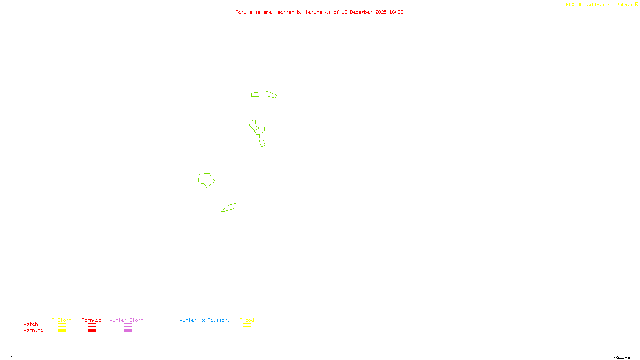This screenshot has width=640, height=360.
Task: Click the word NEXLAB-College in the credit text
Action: (x=585, y=5)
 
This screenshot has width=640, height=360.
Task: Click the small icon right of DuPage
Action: (x=636, y=4)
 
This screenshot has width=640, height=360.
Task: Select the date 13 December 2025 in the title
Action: (x=364, y=12)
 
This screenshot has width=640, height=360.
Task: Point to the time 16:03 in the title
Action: (x=396, y=12)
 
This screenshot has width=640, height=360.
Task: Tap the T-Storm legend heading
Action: (x=62, y=320)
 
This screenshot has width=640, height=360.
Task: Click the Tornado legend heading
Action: (x=92, y=320)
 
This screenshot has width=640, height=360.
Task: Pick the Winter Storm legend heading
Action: (x=126, y=320)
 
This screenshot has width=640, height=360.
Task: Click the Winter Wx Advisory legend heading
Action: (x=205, y=320)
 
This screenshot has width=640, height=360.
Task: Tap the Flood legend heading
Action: (x=247, y=320)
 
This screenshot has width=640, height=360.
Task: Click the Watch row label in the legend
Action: (x=31, y=324)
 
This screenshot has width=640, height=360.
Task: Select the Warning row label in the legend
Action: (x=33, y=330)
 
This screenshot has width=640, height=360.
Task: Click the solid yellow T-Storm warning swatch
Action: (x=62, y=331)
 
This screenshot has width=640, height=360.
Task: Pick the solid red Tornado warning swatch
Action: (x=92, y=331)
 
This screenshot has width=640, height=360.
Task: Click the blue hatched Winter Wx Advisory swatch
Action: (x=204, y=331)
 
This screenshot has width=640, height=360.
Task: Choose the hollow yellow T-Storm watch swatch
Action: (x=62, y=325)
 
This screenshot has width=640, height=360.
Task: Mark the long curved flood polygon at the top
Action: (x=264, y=94)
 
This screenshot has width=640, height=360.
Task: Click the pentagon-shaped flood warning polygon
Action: (x=206, y=180)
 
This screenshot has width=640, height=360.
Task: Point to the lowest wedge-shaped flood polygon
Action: (x=230, y=207)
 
